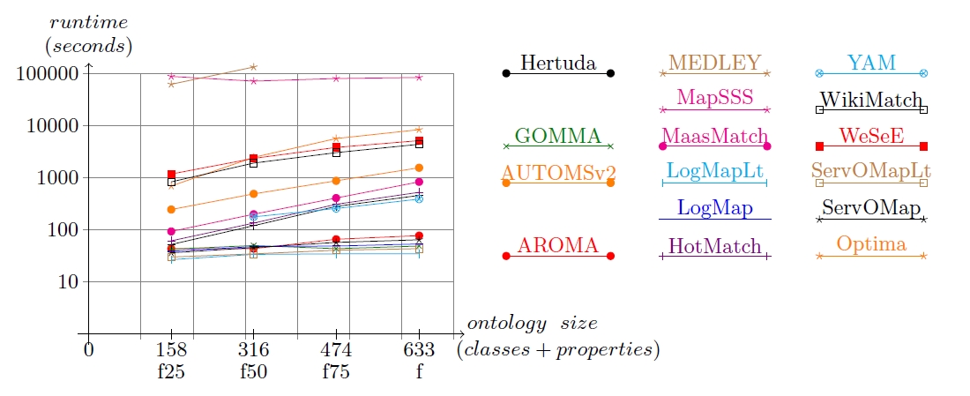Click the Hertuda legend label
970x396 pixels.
[558, 64]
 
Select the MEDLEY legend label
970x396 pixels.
[714, 64]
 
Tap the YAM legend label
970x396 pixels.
[871, 64]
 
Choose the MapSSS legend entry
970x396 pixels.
[714, 96]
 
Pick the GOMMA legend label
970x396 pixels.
[558, 136]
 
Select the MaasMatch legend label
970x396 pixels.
[714, 137]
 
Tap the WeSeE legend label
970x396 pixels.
[871, 136]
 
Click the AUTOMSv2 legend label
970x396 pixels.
[558, 171]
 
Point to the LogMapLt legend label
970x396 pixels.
[714, 171]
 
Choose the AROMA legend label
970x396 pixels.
[558, 245]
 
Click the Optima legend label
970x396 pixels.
[871, 245]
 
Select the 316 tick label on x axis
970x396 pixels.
[253, 350]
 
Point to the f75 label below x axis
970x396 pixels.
[336, 371]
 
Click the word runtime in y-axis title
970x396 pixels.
[87, 19]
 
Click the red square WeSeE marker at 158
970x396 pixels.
[171, 175]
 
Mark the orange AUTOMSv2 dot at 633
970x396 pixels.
[419, 168]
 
